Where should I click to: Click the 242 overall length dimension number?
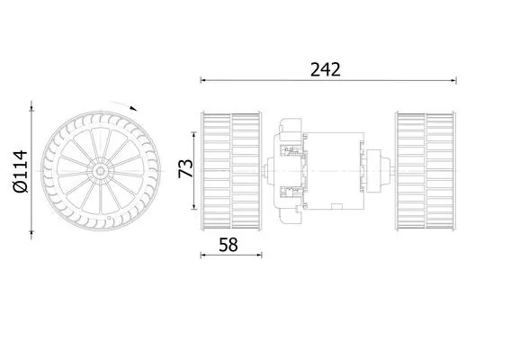tap(326, 69)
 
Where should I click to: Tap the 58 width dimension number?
tap(229, 245)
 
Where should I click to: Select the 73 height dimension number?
tap(185, 168)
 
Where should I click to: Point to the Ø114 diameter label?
tap(20, 171)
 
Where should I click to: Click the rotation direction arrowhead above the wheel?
tap(133, 108)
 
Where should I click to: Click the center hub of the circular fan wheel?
tap(101, 170)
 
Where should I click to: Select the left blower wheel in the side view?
tap(231, 171)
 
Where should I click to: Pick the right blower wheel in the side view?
tap(425, 171)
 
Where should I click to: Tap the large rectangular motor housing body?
tap(334, 170)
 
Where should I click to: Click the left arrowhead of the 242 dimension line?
tap(203, 80)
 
